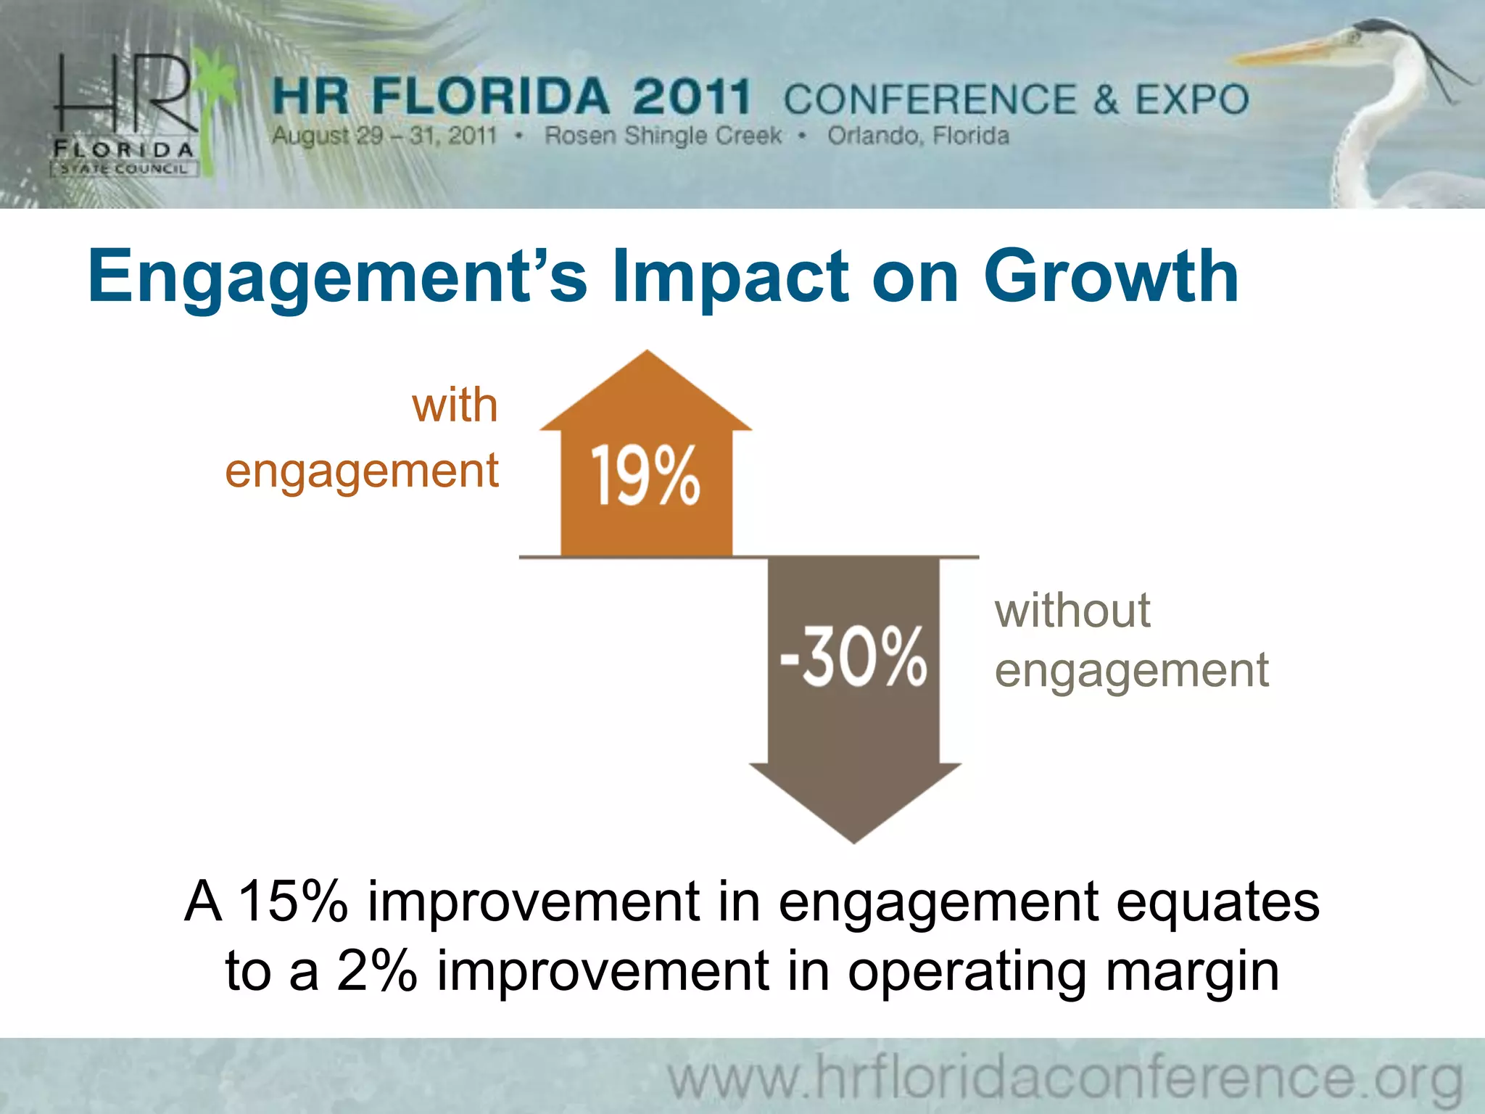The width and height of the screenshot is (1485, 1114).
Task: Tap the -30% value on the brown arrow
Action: click(x=853, y=656)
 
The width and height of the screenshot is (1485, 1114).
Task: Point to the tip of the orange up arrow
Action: click(x=647, y=353)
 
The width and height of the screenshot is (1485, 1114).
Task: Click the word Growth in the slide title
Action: click(x=1110, y=277)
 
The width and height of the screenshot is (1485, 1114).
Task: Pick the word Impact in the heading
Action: click(x=729, y=277)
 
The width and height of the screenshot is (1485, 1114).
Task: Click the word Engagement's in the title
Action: click(x=337, y=277)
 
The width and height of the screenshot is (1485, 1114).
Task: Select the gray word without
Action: click(x=1072, y=611)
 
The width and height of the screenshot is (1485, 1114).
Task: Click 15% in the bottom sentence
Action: click(x=293, y=901)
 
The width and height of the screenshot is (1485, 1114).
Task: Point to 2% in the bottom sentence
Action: click(x=376, y=970)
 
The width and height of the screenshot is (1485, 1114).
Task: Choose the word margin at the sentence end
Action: click(x=1192, y=970)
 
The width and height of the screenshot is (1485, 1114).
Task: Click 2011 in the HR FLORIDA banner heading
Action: click(x=691, y=97)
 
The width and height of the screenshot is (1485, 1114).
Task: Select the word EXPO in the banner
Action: click(x=1191, y=99)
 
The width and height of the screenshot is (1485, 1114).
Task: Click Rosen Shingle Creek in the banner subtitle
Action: click(x=663, y=136)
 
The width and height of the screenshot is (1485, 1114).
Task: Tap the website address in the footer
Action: click(x=1064, y=1078)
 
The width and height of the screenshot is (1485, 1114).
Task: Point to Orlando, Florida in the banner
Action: click(x=918, y=136)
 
